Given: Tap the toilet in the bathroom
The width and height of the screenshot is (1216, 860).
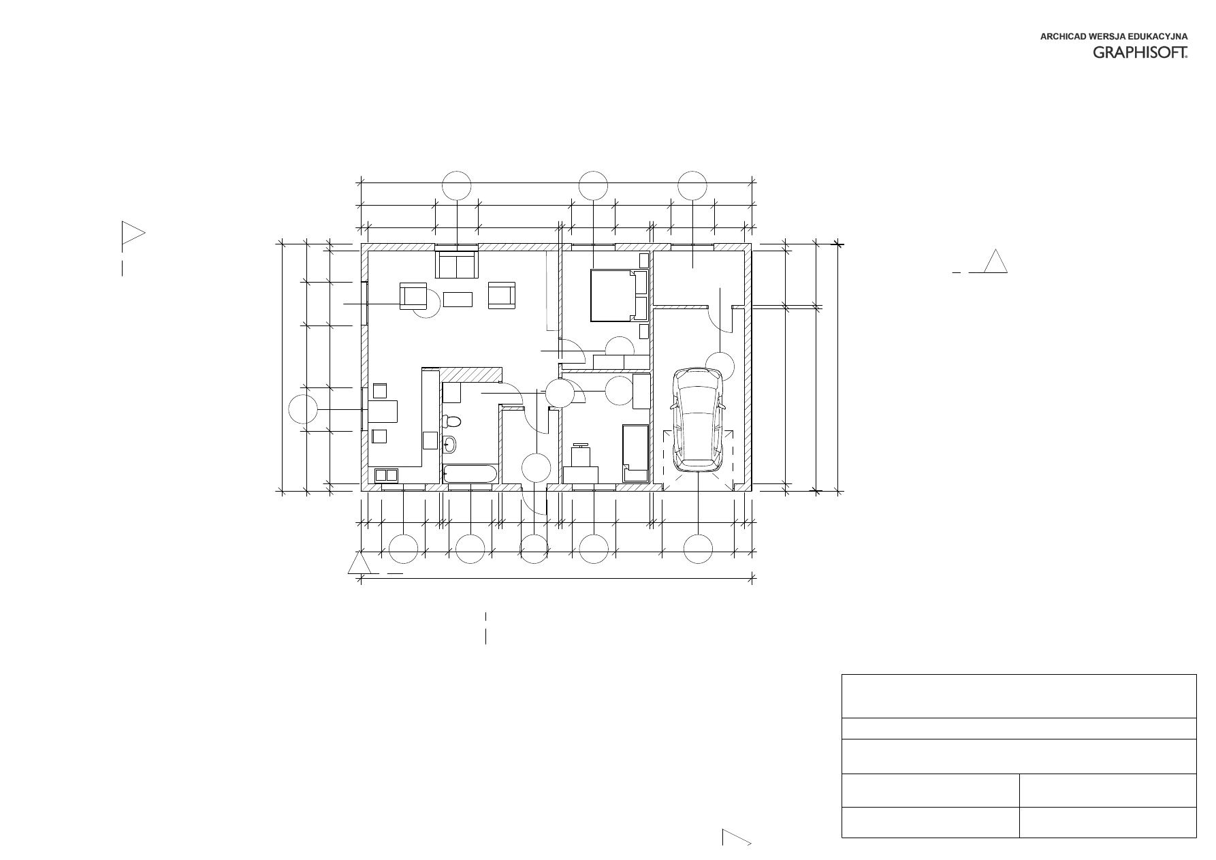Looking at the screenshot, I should [451, 421].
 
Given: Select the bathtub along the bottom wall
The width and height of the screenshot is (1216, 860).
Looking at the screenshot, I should [470, 475].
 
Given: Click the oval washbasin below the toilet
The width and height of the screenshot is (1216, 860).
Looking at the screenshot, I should [449, 445].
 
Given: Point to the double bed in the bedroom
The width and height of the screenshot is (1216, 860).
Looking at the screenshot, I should [618, 295].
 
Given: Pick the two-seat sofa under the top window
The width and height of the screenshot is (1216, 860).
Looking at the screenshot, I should [456, 265].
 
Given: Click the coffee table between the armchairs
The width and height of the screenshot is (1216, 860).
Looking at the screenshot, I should [458, 300].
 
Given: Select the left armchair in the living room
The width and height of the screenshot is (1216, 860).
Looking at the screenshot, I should [413, 296].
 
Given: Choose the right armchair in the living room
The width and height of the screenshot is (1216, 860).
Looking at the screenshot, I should [502, 296].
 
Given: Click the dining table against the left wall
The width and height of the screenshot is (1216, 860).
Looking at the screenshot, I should [383, 411].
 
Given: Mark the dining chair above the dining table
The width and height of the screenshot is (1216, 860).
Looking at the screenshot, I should [380, 391].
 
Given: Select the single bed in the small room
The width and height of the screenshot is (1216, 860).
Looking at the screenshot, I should [635, 453].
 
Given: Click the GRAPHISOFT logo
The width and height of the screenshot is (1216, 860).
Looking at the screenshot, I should [1140, 52].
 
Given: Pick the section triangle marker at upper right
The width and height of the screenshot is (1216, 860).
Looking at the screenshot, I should [995, 261].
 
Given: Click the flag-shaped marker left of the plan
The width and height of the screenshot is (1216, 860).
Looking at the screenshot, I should [132, 234].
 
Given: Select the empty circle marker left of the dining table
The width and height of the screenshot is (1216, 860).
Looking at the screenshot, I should [303, 410].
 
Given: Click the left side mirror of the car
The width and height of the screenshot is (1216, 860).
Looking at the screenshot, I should [673, 406].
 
